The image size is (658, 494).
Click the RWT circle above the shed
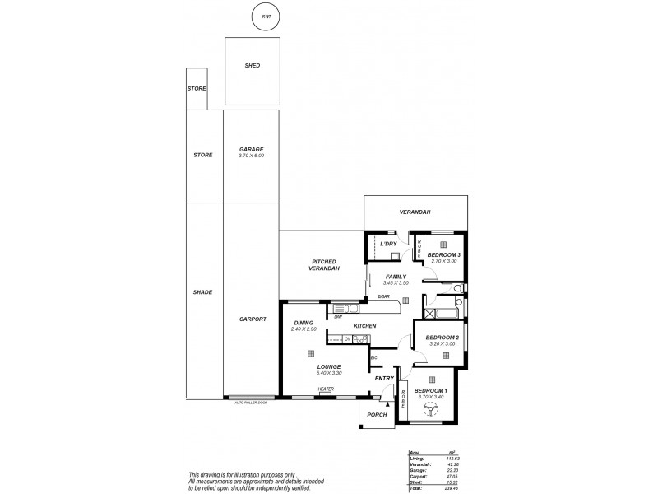265,17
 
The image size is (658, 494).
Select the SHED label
253,66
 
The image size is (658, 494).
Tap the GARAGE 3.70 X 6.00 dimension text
251,156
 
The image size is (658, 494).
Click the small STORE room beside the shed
196,88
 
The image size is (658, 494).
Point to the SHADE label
202,292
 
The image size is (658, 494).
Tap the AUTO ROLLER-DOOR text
252,403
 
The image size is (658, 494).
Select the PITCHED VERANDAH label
321,265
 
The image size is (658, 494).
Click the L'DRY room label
388,244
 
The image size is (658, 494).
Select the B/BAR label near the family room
383,296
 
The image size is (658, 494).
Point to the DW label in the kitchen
338,316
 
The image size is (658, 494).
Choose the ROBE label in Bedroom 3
419,245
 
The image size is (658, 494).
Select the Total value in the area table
450,489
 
